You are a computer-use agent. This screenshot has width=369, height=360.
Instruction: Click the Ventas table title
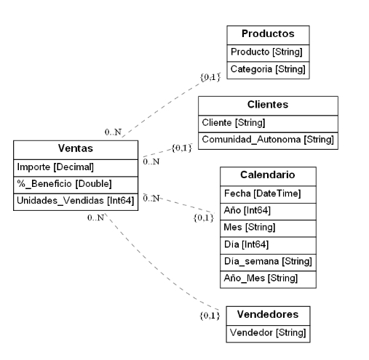(76, 149)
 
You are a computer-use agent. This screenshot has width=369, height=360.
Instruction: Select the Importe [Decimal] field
(56, 167)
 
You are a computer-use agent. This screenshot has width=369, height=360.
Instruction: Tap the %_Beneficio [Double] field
(65, 183)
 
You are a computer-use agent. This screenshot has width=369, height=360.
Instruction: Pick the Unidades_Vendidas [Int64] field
(76, 201)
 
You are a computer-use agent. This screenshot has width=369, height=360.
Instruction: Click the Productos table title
(267, 34)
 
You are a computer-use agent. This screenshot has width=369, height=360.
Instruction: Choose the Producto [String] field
(266, 52)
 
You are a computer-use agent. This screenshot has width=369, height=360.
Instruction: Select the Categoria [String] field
(266, 70)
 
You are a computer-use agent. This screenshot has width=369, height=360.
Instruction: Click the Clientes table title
(268, 105)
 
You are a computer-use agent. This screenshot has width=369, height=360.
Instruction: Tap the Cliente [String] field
(234, 122)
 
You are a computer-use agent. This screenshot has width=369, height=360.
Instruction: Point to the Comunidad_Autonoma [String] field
(267, 140)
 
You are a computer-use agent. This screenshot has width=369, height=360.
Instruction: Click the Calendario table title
(267, 175)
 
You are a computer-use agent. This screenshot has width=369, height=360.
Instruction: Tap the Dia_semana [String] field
(267, 261)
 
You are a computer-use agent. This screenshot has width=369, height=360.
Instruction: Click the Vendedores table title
(267, 315)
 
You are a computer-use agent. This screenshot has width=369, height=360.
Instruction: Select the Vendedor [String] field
(267, 332)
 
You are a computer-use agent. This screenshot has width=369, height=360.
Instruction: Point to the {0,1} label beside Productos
(210, 76)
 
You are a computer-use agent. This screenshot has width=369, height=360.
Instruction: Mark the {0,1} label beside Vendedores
(210, 316)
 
